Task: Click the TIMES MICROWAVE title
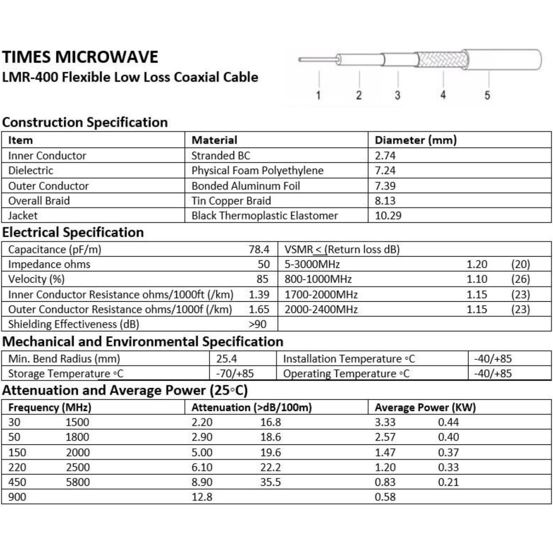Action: [x=80, y=57]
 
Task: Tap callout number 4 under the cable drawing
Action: [x=443, y=95]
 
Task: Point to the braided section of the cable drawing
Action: [x=443, y=59]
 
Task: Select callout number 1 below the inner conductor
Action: [x=318, y=95]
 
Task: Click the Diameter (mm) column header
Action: [x=416, y=140]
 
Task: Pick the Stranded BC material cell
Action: [x=221, y=156]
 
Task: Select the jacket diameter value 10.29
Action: [x=388, y=216]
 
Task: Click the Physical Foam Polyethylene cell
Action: [x=257, y=171]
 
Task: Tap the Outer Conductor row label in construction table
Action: [x=48, y=186]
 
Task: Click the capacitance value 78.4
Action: [x=259, y=249]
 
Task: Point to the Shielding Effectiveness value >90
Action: [x=257, y=324]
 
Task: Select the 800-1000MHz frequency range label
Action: [x=318, y=279]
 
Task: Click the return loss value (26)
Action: [x=520, y=279]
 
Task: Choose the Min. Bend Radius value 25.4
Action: [x=226, y=359]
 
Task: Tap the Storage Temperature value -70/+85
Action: [x=235, y=373]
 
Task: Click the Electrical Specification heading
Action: [x=73, y=233]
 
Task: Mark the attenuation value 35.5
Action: [x=270, y=482]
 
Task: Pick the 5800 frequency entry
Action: [x=78, y=482]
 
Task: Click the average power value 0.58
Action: [x=385, y=497]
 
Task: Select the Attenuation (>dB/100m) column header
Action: [x=251, y=408]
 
